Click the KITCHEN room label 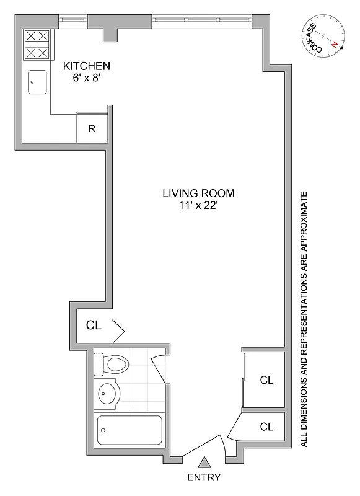point(87,66)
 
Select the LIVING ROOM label point(198,193)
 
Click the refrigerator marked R point(92,129)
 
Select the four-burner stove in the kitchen point(36,45)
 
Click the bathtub point(130,429)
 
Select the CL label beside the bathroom point(94,324)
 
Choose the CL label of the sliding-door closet point(266,380)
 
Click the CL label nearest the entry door point(266,427)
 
